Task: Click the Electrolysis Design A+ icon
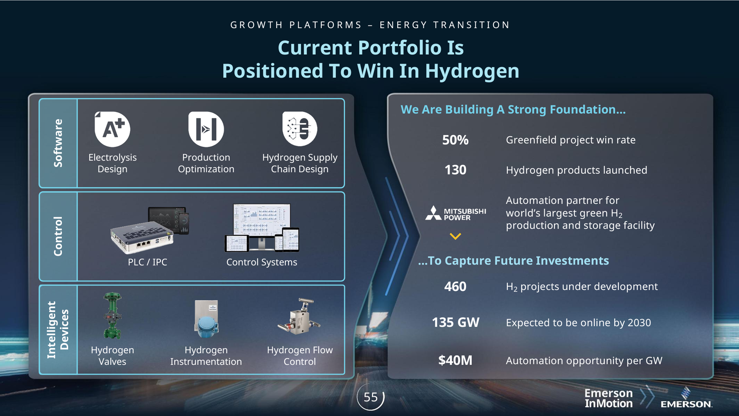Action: click(x=112, y=129)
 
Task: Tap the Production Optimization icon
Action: click(x=206, y=129)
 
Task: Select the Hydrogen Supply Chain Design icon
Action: click(x=299, y=129)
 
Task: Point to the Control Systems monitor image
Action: click(x=262, y=228)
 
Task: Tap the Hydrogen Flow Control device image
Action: click(x=299, y=317)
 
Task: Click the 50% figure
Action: click(x=455, y=140)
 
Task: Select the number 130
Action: click(x=455, y=170)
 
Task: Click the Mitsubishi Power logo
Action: click(x=456, y=213)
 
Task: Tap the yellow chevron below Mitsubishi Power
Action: click(x=455, y=237)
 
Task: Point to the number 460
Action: click(x=455, y=287)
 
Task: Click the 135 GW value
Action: click(x=455, y=322)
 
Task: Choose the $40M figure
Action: click(x=455, y=361)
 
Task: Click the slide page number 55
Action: click(x=371, y=397)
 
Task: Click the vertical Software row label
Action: click(x=58, y=143)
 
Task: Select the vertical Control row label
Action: click(x=58, y=236)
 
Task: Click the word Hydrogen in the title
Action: click(x=472, y=71)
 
